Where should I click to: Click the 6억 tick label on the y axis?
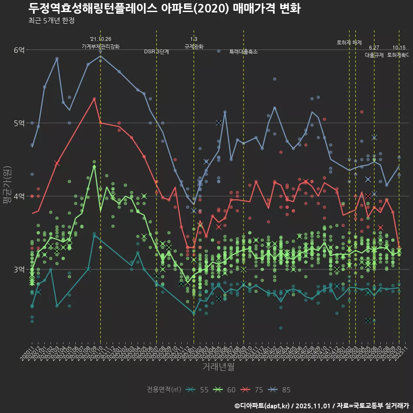[19, 50]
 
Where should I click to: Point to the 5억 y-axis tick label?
[19, 123]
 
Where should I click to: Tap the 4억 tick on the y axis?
[19, 196]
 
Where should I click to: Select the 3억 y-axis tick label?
[19, 269]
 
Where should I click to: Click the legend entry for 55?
[198, 390]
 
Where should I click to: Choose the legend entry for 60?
[225, 390]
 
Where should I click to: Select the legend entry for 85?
[280, 390]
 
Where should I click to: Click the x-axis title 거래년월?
[218, 367]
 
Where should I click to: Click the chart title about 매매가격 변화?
[165, 9]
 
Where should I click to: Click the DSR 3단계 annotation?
[157, 52]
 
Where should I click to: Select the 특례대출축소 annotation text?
[243, 52]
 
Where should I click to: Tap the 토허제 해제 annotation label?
[349, 43]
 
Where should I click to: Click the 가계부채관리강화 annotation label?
[101, 46]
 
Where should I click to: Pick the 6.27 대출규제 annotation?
[374, 52]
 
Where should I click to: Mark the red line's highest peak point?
[94, 99]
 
